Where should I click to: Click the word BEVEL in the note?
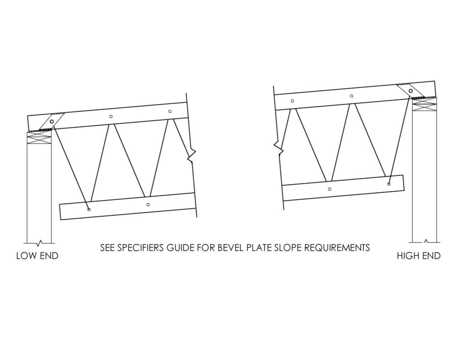(x=230, y=248)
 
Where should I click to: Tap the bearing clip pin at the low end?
(x=52, y=121)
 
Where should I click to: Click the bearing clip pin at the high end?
(x=411, y=91)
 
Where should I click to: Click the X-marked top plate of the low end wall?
(x=39, y=138)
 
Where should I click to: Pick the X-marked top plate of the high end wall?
(x=425, y=105)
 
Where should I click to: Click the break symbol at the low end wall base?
(x=39, y=243)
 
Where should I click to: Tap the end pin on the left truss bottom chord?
(x=89, y=210)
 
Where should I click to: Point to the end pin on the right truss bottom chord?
(x=389, y=184)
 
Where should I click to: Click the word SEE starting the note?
(x=107, y=248)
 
